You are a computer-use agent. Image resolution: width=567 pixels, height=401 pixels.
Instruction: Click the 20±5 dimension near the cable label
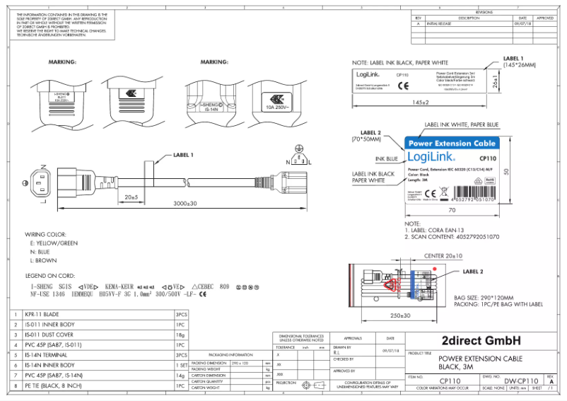130,196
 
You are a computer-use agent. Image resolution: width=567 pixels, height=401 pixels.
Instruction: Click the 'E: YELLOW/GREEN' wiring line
54,243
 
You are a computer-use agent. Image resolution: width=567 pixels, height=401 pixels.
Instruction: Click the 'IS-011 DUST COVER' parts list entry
49,334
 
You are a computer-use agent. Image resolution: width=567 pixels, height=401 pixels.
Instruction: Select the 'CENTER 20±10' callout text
444,255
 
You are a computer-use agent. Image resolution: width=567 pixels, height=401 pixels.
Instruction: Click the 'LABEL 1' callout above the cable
183,154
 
